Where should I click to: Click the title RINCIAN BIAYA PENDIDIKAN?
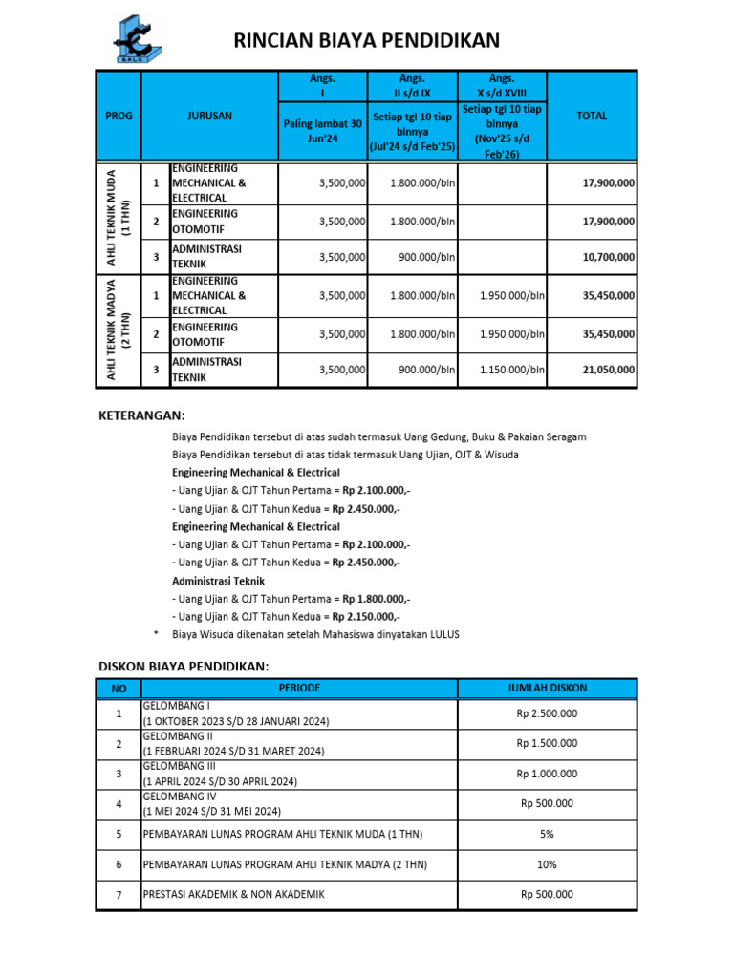coord(367,40)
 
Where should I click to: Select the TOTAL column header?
coord(592,116)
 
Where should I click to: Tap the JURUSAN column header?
coord(209,116)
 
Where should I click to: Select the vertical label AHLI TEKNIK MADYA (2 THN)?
coord(119,331)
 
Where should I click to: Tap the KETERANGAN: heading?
coord(142,415)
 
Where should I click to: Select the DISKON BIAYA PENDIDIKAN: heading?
coord(184,666)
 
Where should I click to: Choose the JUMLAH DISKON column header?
coord(547,688)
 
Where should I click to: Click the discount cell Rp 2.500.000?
coord(547,713)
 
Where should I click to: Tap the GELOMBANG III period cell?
coord(299,774)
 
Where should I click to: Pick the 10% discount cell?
coord(547,864)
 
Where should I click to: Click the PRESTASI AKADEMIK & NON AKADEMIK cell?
coord(299,894)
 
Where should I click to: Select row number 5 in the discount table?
coord(119,834)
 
